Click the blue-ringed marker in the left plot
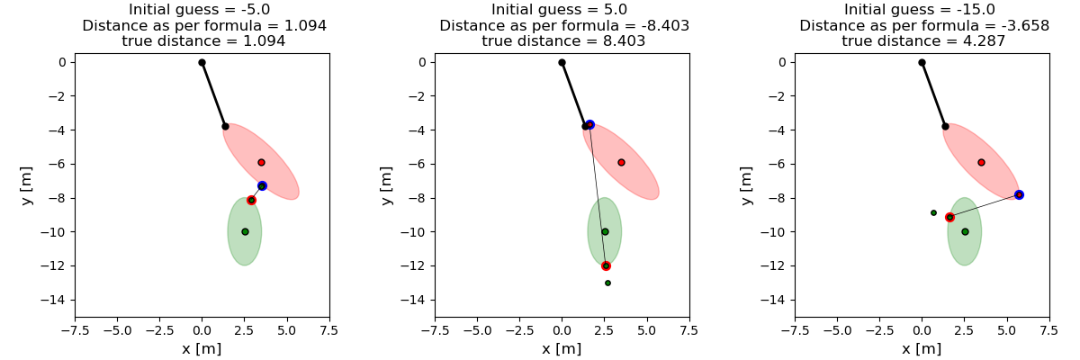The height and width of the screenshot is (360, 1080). coord(262,185)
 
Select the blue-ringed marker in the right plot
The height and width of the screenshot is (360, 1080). coord(1019,194)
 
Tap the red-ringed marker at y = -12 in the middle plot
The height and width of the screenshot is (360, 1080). coord(606,265)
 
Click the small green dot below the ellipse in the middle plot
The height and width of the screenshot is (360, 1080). coord(607,283)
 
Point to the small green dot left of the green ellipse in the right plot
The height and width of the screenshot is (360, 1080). coord(933,212)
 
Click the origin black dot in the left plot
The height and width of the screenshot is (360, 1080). coord(202,62)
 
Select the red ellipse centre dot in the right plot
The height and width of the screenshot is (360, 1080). coord(981,162)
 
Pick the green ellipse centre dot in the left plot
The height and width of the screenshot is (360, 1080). coord(245,231)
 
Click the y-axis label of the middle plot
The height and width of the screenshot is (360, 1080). coord(386,184)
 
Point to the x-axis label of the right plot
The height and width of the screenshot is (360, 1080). coord(922,348)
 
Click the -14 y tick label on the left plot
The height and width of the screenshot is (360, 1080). coord(56,300)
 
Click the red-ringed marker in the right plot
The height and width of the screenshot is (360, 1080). coord(949,217)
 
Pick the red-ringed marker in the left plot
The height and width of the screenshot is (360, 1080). coord(251,200)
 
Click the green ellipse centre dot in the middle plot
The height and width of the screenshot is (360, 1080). coord(605,231)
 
